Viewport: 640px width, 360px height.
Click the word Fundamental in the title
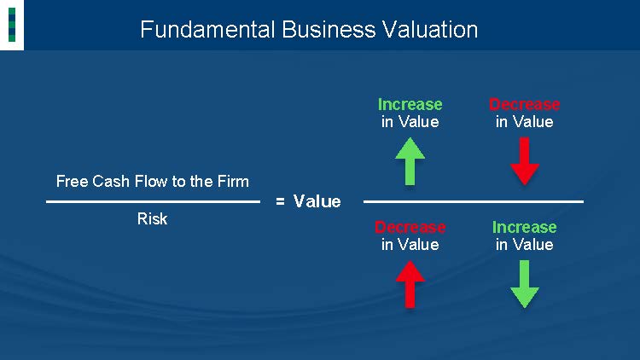click(x=207, y=29)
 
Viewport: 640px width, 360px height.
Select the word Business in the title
click(x=329, y=29)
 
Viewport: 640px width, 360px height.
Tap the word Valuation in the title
click(x=430, y=29)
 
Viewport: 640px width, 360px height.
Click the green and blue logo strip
click(x=12, y=25)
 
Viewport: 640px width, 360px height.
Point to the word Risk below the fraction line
click(x=152, y=218)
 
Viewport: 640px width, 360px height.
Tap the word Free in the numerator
click(x=73, y=181)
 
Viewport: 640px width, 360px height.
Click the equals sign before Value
click(x=280, y=201)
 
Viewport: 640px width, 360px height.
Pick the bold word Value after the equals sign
click(x=317, y=201)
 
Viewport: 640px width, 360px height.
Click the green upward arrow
click(x=410, y=161)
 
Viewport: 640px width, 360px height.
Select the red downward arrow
click(x=525, y=161)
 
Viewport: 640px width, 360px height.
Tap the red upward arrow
click(x=410, y=284)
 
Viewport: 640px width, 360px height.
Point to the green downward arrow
click(x=525, y=284)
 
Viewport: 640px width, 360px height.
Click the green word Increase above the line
click(x=410, y=104)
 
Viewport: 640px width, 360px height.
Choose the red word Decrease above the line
click(x=525, y=104)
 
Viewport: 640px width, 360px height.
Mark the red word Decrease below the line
click(x=410, y=228)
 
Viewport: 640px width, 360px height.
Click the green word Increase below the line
click(x=525, y=228)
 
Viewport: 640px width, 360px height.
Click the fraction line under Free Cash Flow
click(x=153, y=201)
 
